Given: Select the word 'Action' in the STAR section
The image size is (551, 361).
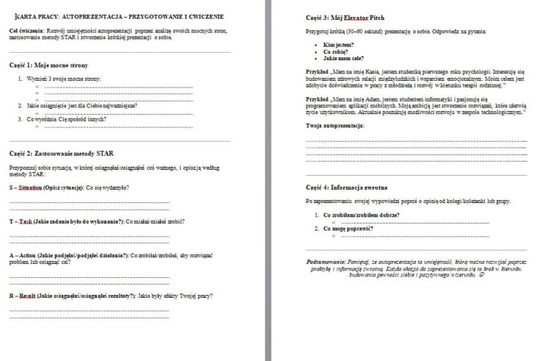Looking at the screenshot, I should tap(29, 254).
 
